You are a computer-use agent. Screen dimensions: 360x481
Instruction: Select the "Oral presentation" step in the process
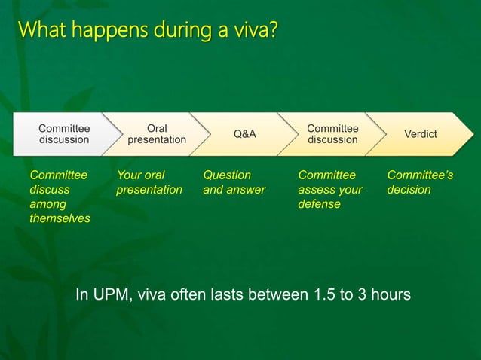156,134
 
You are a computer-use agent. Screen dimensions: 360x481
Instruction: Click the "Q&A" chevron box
244,134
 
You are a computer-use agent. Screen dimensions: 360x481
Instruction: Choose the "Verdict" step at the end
420,134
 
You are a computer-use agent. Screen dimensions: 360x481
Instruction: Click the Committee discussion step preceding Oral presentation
64,134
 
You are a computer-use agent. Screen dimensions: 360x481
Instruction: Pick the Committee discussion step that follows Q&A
332,134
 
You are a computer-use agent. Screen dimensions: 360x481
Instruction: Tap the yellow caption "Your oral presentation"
149,182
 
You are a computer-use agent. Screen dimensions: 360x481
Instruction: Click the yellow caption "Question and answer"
234,182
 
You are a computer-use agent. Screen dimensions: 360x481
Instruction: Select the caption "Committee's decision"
420,182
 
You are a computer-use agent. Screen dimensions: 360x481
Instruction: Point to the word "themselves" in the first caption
60,218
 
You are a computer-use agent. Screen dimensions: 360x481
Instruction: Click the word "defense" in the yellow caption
319,204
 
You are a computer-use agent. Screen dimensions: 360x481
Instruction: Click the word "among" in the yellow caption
47,204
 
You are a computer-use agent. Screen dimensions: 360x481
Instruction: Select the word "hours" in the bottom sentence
391,294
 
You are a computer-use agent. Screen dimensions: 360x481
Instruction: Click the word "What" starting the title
37,31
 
